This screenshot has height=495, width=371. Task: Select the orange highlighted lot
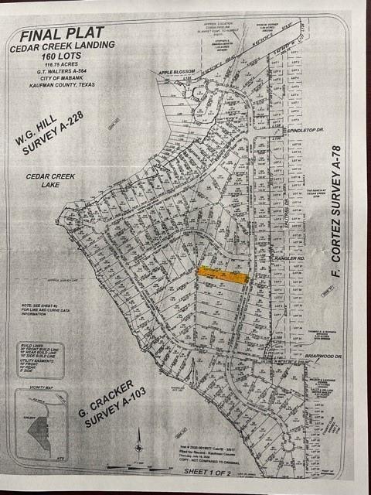pyautogui.click(x=223, y=275)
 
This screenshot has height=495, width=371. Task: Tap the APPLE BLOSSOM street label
pyautogui.click(x=175, y=73)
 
